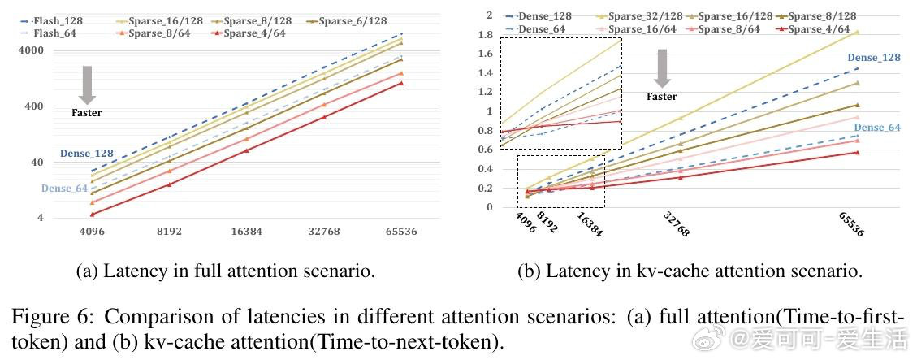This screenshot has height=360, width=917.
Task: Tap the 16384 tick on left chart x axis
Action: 246,232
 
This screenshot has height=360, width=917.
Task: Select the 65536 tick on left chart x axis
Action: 400,232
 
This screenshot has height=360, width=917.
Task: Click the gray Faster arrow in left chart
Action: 88,85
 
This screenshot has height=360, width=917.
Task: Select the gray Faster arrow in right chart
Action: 662,67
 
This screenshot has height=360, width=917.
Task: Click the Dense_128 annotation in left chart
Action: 86,153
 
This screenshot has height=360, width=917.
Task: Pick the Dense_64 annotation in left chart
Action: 64,189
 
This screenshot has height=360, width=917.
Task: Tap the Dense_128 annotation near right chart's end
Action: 874,58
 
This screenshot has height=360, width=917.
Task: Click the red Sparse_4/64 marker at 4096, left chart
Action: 93,215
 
